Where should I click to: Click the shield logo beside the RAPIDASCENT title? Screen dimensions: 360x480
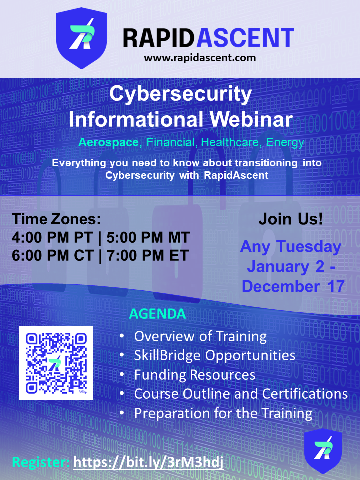pos(81,38)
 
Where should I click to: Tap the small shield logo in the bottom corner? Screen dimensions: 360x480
pos(323,450)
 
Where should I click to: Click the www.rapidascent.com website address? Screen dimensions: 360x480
pos(200,58)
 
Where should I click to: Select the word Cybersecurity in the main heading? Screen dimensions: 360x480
pos(180,94)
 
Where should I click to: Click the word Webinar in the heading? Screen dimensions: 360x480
pos(251,119)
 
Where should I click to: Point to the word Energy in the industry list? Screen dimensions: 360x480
pos(285,143)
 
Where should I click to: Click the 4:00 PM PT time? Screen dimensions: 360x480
pos(52,238)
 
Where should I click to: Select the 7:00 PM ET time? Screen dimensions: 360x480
pos(148,256)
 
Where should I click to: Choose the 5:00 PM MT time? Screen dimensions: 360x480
pos(148,238)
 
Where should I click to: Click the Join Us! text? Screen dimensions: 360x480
pos(291,219)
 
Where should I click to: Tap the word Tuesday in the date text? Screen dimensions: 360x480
pos(309,247)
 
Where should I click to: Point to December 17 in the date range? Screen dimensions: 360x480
pos(293,286)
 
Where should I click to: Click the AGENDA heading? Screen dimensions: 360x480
pos(157,314)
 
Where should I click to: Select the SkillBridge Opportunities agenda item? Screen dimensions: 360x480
pos(215,355)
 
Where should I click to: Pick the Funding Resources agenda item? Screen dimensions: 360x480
pos(195,375)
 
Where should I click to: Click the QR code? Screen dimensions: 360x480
pos(56,363)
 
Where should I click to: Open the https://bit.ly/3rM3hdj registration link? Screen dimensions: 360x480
pos(149,462)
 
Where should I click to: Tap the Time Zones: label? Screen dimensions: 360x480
pos(56,219)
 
